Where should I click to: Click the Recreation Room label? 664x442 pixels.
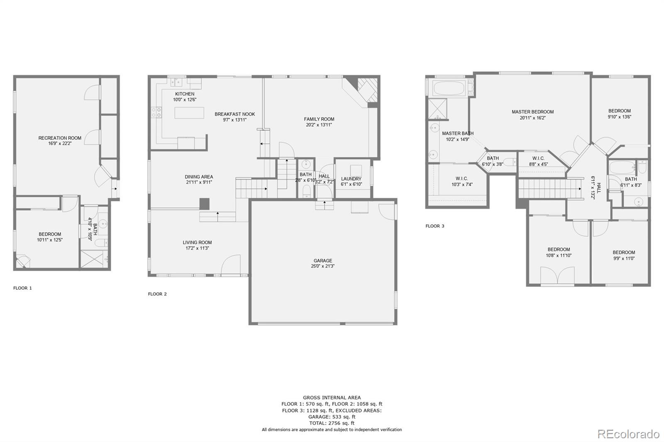tap(60, 138)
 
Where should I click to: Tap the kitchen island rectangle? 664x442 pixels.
tap(189, 113)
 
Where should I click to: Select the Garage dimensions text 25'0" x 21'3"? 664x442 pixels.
tap(322, 266)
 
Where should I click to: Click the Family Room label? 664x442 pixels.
tap(319, 119)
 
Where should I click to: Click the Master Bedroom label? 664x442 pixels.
tap(532, 112)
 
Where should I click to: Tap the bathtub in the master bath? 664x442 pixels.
tap(449, 88)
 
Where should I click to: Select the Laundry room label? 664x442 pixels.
tap(351, 179)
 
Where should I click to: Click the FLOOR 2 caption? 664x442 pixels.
tap(157, 294)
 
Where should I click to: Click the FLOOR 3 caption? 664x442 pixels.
tap(435, 226)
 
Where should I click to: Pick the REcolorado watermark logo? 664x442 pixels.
tap(628, 434)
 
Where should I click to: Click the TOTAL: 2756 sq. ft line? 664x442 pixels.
tap(332, 423)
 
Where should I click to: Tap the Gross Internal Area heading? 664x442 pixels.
tap(332, 398)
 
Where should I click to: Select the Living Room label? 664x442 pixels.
tap(197, 243)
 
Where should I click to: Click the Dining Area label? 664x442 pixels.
tap(199, 177)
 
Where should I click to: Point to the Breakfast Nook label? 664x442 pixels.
tap(234, 114)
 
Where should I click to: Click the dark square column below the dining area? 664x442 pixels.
tap(204, 204)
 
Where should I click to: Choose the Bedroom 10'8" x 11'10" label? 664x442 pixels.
tap(559, 250)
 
